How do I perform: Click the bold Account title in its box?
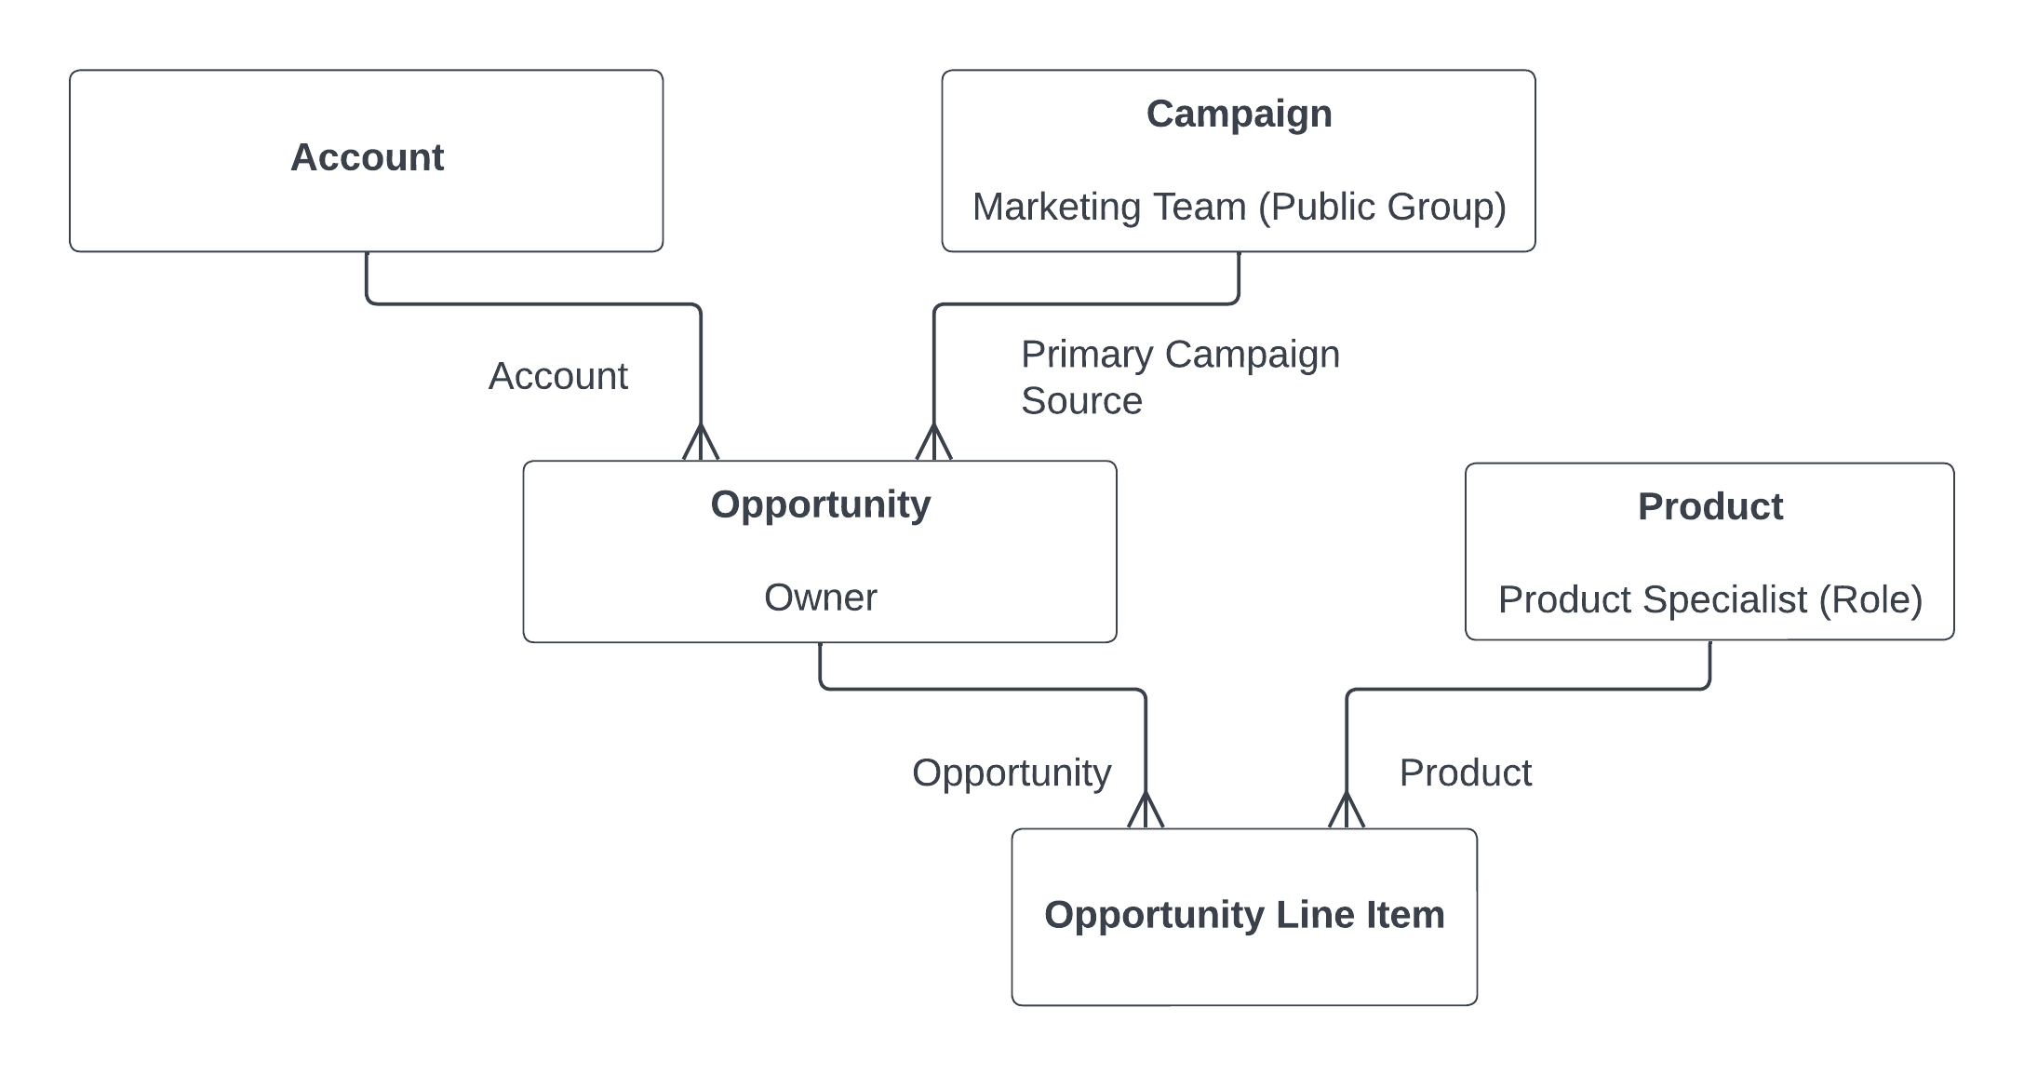point(367,157)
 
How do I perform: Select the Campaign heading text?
point(1239,114)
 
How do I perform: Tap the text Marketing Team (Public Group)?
point(1239,207)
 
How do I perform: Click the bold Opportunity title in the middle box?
point(820,504)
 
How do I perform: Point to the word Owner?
point(820,598)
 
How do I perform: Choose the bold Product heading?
point(1709,506)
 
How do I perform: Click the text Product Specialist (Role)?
point(1709,599)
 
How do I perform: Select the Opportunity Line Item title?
point(1244,915)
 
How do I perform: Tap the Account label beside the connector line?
point(557,376)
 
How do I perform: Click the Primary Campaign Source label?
point(1179,377)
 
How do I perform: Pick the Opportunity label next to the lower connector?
point(1011,773)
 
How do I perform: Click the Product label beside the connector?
point(1465,773)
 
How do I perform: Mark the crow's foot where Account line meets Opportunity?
point(701,443)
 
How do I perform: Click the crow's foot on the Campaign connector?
point(934,443)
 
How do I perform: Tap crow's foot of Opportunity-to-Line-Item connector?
point(1146,811)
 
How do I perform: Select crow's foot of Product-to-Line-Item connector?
point(1347,811)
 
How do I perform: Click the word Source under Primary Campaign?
point(1081,401)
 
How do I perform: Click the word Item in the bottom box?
point(1405,915)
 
